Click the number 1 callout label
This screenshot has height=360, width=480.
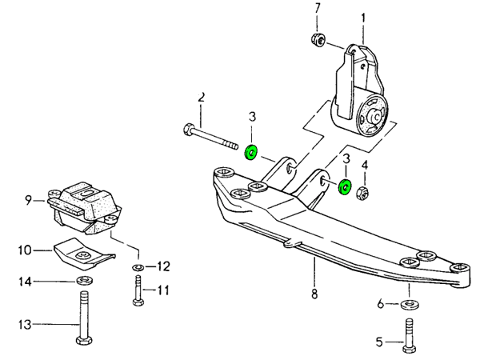363,17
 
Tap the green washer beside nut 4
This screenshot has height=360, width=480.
345,187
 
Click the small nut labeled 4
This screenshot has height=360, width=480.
362,192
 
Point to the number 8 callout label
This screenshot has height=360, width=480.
314,294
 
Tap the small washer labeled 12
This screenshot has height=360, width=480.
138,266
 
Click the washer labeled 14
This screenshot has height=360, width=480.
82,282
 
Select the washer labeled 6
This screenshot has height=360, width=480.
410,305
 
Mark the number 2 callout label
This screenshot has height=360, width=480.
202,98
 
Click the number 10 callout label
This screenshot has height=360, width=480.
24,250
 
